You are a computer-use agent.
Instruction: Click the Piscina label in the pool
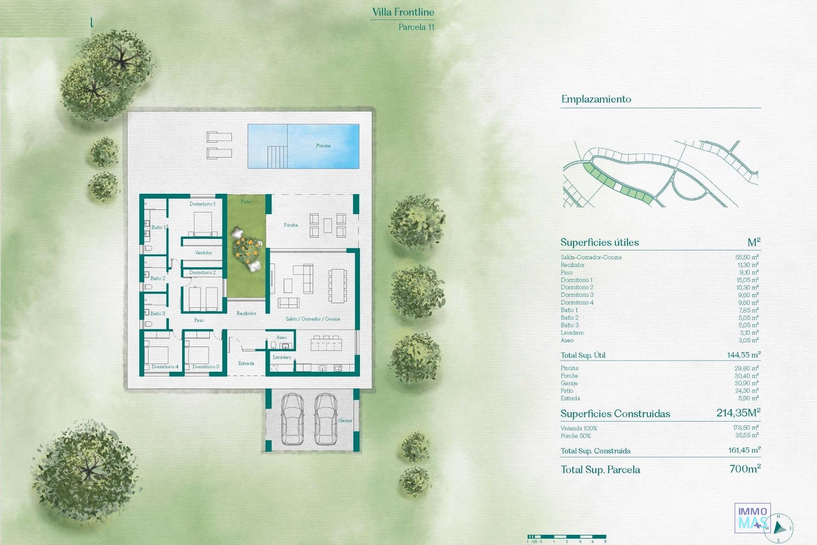(323, 146)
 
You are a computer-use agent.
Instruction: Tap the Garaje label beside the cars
(345, 420)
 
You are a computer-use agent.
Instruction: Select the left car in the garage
(292, 419)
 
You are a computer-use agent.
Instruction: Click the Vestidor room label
(203, 252)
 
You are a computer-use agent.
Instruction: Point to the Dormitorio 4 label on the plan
(165, 367)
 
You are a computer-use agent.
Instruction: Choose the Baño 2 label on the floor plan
(158, 278)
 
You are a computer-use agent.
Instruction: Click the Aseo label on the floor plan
(282, 337)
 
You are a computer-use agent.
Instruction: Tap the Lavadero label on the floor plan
(282, 357)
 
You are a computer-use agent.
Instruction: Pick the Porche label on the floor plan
(291, 225)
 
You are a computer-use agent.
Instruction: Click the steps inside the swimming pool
(277, 157)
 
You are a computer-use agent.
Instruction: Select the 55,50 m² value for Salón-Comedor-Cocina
(747, 257)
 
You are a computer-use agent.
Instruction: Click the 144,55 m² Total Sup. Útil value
(744, 355)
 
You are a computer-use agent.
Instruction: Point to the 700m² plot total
(745, 469)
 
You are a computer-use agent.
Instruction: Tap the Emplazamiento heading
(596, 99)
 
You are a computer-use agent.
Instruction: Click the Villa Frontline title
(403, 12)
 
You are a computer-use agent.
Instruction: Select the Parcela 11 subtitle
(417, 27)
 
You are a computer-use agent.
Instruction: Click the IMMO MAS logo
(752, 517)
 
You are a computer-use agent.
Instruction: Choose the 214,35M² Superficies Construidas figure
(738, 413)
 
